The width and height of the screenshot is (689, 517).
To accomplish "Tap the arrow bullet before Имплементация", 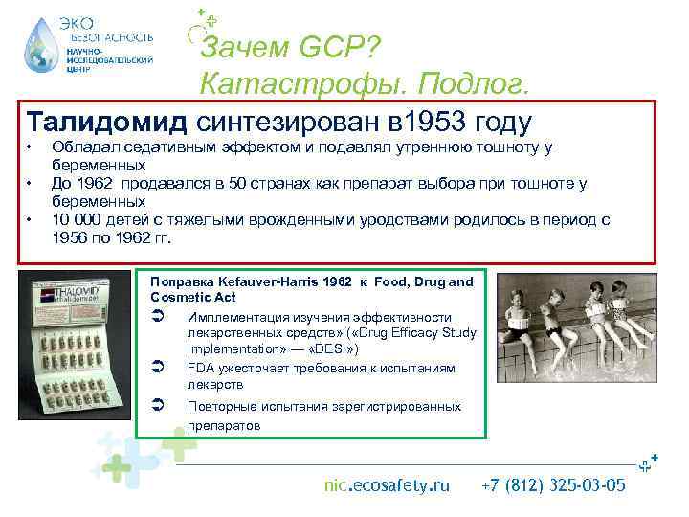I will [159, 317].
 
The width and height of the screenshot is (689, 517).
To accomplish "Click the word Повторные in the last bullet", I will [222, 406].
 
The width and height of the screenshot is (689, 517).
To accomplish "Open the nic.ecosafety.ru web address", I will [387, 486].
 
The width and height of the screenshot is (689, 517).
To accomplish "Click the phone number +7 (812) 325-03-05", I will [555, 486].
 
